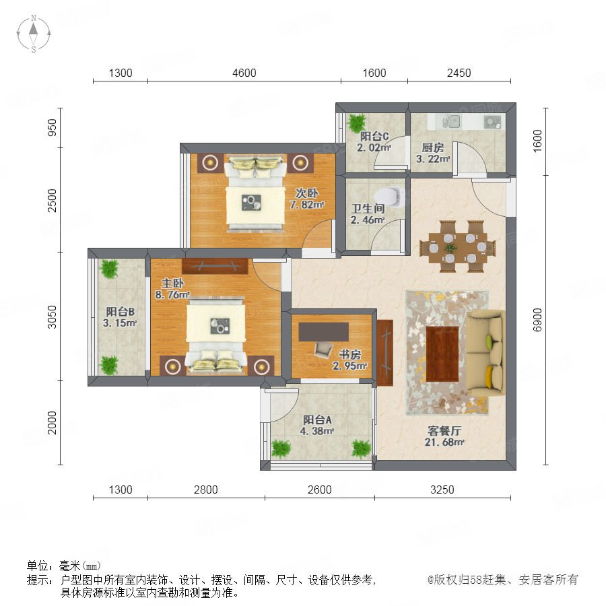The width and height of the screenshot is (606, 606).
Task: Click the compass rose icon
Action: [x=34, y=34]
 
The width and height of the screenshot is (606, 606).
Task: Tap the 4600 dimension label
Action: [x=244, y=73]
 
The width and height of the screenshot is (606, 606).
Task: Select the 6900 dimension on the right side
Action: [x=537, y=320]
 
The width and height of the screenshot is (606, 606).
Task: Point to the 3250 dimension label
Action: [x=442, y=490]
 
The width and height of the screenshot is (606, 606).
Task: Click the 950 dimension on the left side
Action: [x=52, y=127]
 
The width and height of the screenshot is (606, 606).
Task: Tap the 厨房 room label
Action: [x=432, y=147]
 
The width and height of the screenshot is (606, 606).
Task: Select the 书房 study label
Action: [x=349, y=354]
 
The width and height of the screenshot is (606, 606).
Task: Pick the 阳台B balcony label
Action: [x=121, y=312]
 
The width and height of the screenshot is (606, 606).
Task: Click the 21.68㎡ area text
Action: [x=444, y=442]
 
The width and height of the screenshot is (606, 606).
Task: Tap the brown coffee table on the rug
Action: [x=442, y=353]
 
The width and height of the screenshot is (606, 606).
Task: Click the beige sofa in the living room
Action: [x=485, y=353]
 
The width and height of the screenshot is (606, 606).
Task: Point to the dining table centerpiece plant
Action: [x=450, y=248]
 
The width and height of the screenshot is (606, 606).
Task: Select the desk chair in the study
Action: [x=323, y=349]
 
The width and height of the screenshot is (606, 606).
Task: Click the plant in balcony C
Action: [x=356, y=123]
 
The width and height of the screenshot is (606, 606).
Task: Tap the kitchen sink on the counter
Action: [x=451, y=122]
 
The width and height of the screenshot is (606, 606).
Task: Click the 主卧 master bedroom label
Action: [x=172, y=283]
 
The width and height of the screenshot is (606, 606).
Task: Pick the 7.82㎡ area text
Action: [x=307, y=205]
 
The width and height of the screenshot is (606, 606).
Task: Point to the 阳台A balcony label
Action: [x=317, y=419]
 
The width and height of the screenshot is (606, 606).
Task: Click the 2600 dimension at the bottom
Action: [x=320, y=490]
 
